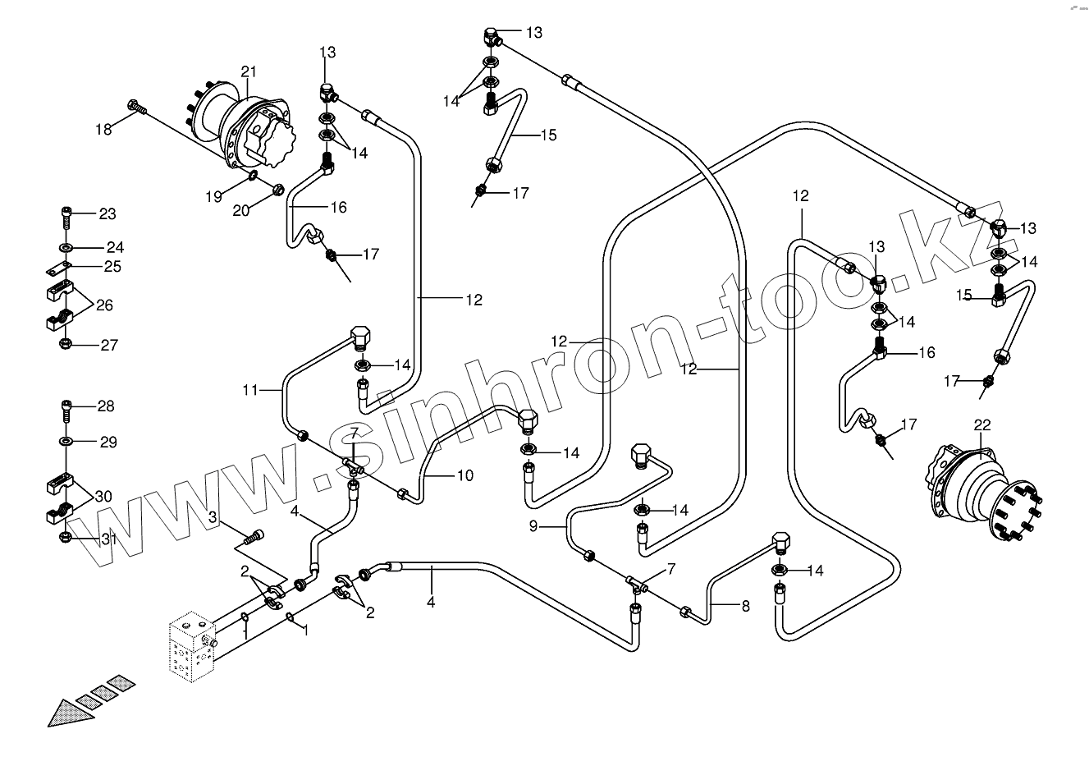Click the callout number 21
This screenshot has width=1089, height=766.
pyautogui.click(x=249, y=71)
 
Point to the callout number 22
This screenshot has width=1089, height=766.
pyautogui.click(x=982, y=424)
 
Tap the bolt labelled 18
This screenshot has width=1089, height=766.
pyautogui.click(x=136, y=106)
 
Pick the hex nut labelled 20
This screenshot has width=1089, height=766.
pyautogui.click(x=277, y=190)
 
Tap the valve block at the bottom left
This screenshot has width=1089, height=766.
pyautogui.click(x=191, y=649)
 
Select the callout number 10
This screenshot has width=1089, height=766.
pyautogui.click(x=464, y=475)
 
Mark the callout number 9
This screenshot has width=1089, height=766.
pyautogui.click(x=533, y=526)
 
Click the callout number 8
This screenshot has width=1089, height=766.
pyautogui.click(x=745, y=607)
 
